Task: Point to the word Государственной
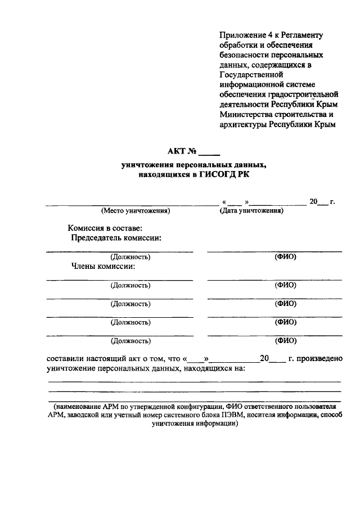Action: pyautogui.click(x=251, y=74)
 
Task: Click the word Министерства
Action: pyautogui.click(x=246, y=114)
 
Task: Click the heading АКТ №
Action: pyautogui.click(x=181, y=151)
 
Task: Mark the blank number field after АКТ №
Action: pyautogui.click(x=210, y=152)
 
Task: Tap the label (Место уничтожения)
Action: pyautogui.click(x=135, y=211)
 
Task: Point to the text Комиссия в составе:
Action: pyautogui.click(x=105, y=228)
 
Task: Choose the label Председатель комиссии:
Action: pyautogui.click(x=116, y=238)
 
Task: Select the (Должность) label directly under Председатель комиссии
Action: pyautogui.click(x=130, y=257)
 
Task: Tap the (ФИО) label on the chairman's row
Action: pyautogui.click(x=285, y=257)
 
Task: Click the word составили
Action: pyautogui.click(x=66, y=358)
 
